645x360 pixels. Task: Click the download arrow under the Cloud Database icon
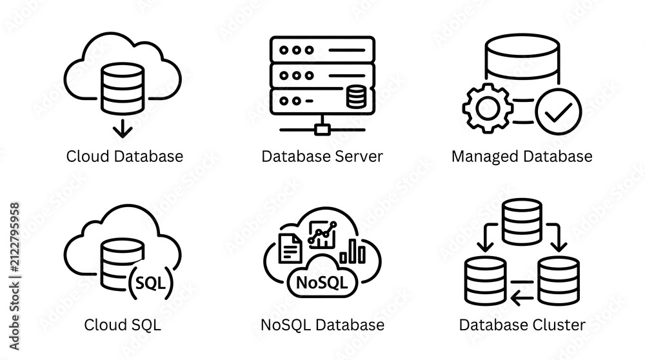(123, 128)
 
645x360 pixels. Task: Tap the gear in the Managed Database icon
(488, 108)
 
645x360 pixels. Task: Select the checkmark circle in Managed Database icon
(559, 112)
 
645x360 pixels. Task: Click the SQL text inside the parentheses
(150, 283)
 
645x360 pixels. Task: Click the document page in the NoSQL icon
(290, 248)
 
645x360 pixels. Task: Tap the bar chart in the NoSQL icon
(353, 251)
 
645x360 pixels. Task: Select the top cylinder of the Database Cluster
(522, 222)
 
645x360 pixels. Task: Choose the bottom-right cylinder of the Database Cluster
(559, 281)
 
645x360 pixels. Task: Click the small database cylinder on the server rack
(356, 97)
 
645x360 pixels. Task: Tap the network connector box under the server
(322, 130)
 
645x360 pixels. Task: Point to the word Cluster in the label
(559, 325)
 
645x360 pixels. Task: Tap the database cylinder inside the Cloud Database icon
(123, 88)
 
